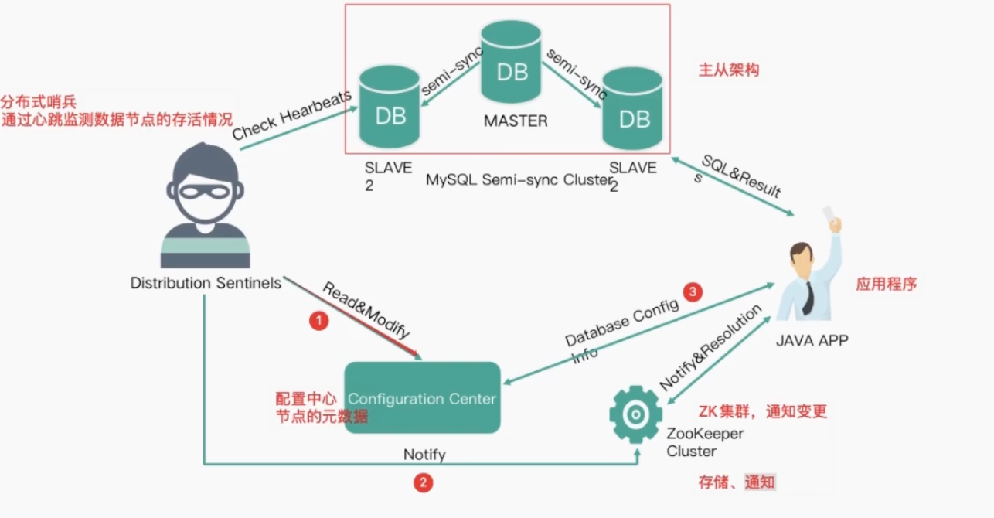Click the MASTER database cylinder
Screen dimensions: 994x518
click(511, 62)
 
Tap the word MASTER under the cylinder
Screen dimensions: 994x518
click(516, 121)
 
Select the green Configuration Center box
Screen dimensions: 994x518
click(423, 397)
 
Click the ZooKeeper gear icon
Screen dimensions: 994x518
click(636, 414)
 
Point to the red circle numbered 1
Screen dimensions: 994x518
click(318, 321)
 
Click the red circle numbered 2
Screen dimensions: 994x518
click(423, 482)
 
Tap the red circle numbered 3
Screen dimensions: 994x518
click(693, 291)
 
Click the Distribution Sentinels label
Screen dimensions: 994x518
click(206, 283)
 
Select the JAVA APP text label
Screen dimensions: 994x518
click(812, 340)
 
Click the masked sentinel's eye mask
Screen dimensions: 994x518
click(205, 192)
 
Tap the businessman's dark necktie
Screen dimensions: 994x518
click(808, 298)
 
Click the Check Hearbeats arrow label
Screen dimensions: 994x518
click(291, 115)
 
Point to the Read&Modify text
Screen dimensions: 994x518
click(366, 309)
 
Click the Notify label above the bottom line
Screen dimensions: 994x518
click(424, 455)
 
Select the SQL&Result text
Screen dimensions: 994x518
click(742, 176)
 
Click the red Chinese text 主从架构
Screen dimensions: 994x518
click(729, 70)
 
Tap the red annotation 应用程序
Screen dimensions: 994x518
click(886, 284)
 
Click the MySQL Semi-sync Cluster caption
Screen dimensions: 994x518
click(519, 180)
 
